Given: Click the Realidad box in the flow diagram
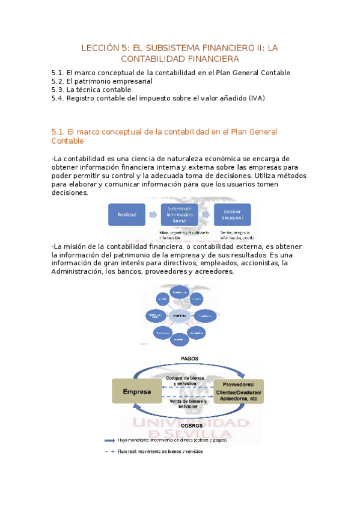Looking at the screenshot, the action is coord(126,214).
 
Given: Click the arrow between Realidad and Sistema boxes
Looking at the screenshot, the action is coord(153,215).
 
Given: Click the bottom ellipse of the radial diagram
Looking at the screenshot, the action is coord(178,339).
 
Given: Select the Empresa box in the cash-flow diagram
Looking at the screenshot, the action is coord(137,392).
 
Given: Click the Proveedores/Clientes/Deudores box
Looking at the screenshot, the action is coord(238,392).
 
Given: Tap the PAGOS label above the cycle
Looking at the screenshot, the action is coord(189,358).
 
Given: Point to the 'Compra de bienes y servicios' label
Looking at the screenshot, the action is coord(187,380).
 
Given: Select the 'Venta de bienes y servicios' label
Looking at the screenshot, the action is coord(187,403).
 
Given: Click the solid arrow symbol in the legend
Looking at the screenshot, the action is coord(111,440).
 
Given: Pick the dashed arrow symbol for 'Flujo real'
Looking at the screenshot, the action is coord(111,452).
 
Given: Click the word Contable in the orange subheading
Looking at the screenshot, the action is coord(68,141).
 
